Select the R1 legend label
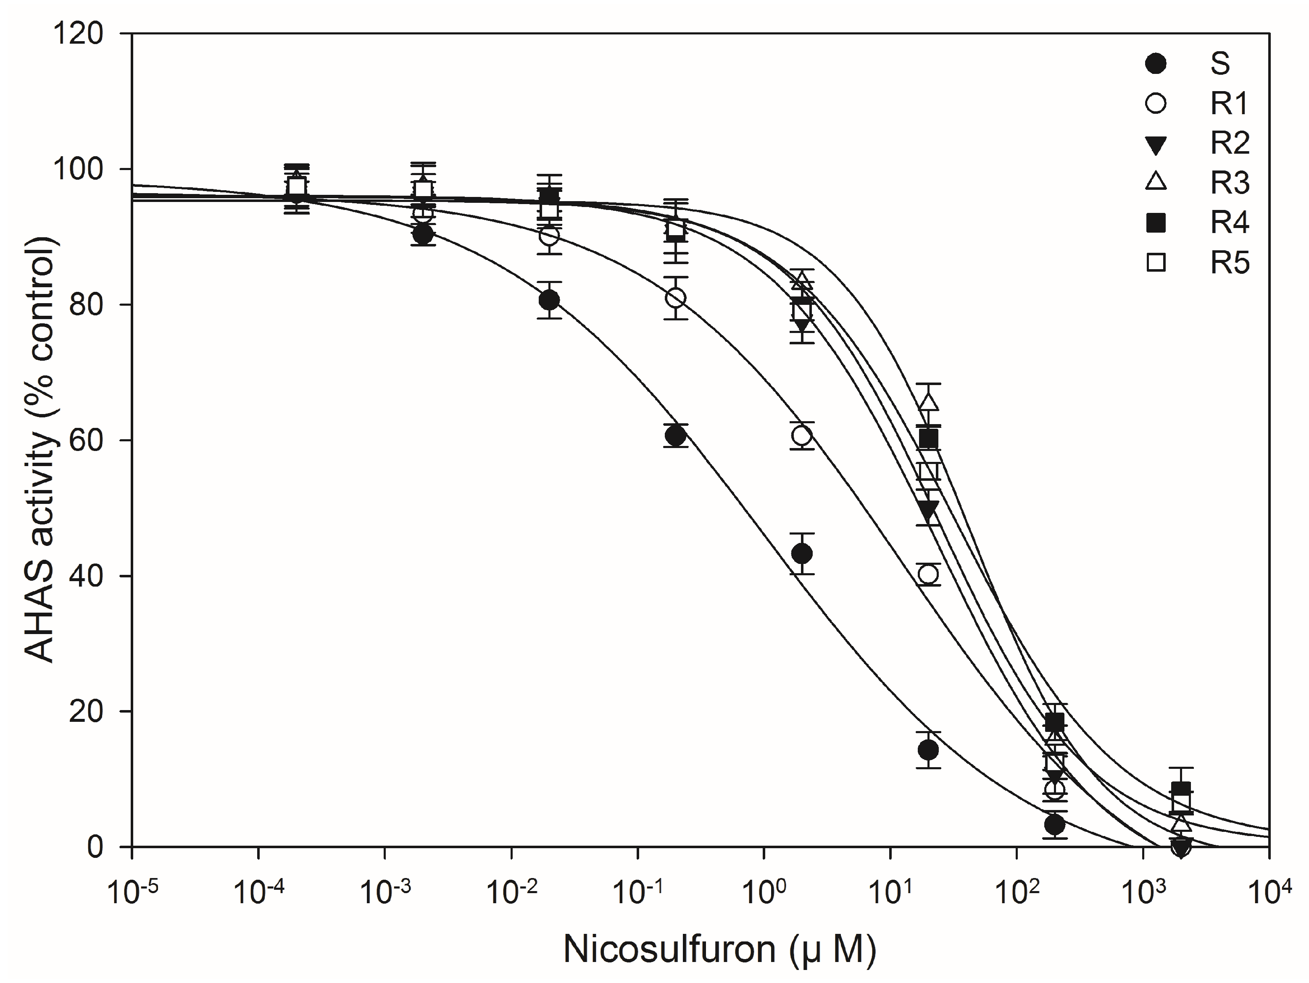(1229, 103)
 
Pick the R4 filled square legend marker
(1156, 223)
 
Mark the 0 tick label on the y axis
(95, 847)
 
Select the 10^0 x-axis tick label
(764, 892)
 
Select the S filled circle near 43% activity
(802, 553)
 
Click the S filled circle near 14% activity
(928, 750)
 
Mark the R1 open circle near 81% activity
(676, 298)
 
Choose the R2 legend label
(1229, 143)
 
